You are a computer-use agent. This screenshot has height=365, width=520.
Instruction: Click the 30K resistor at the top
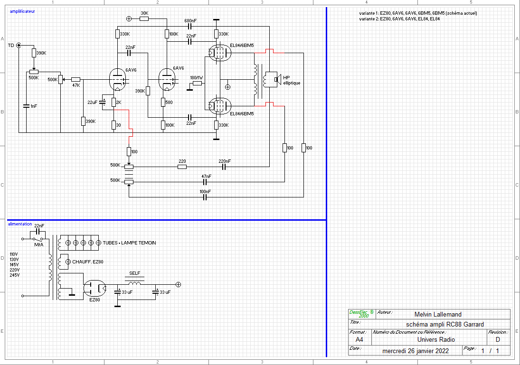pos(144,19)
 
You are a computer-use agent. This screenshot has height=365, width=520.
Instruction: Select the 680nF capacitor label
pos(190,20)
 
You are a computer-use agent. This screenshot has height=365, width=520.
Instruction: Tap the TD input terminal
pos(19,46)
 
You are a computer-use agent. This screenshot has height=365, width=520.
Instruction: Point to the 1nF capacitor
pos(26,106)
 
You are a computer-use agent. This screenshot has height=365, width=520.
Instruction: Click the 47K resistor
pos(76,79)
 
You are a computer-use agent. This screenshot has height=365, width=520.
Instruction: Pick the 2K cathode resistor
pos(114,103)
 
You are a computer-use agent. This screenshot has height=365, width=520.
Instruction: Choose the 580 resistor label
pos(169,103)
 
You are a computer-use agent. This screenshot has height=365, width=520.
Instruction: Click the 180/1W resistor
pos(197,84)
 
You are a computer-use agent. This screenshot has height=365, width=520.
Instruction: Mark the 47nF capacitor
pos(206,182)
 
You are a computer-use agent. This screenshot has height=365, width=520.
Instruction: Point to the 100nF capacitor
pos(205,197)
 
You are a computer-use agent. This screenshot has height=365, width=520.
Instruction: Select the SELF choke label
pos(134,273)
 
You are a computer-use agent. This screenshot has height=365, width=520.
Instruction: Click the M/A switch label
pos(38,244)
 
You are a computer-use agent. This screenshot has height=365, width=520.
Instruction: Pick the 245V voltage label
pos(14,275)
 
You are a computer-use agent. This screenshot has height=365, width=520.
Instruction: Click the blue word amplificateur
pos(22,11)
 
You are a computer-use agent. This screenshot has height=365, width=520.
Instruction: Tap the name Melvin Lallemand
pos(437,314)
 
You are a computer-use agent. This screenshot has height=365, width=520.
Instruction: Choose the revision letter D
pos(498,340)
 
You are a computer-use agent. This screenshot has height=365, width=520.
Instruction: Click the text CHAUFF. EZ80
pos(88,262)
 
